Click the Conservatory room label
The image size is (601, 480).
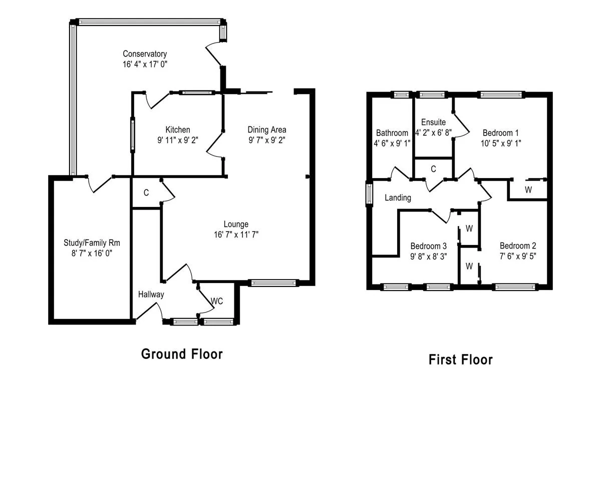point(145,53)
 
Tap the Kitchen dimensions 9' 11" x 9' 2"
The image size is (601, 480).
point(178,139)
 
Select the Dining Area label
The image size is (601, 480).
point(267,129)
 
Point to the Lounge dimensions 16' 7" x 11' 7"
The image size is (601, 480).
point(236,234)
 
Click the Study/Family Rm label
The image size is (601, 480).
point(92,243)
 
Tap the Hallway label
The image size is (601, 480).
point(151,294)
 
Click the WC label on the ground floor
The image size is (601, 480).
point(217,301)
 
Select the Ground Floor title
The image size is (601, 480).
point(182,354)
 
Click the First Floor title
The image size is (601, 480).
point(461,359)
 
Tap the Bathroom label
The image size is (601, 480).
point(392,133)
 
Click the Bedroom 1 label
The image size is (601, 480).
point(501,133)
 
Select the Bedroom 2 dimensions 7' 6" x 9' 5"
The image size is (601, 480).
point(518,256)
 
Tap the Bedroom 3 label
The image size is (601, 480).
point(428,246)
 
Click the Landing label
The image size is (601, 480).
point(398,197)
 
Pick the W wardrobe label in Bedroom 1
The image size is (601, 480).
point(528,190)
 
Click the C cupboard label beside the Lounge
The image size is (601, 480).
point(146,192)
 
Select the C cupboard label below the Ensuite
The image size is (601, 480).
point(433,169)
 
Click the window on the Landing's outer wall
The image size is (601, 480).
point(369,194)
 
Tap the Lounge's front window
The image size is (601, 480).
point(273,283)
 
